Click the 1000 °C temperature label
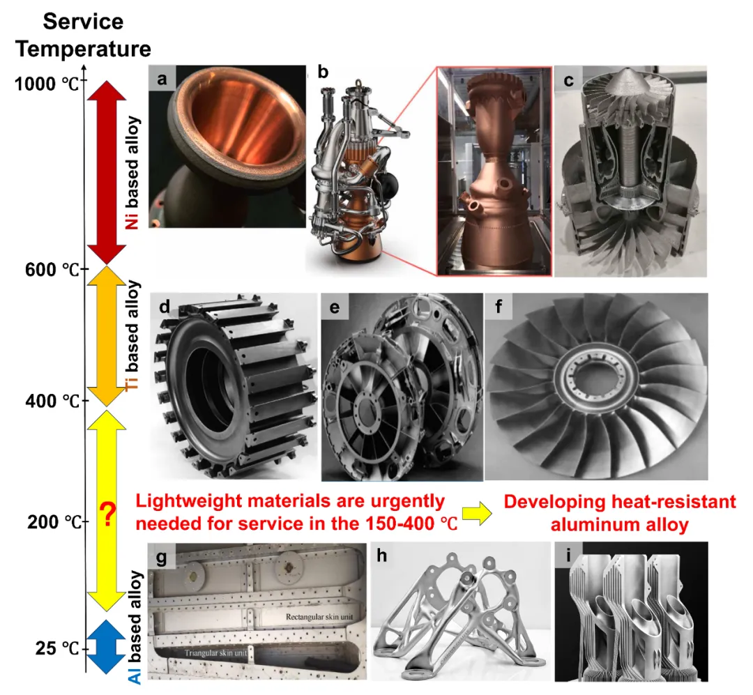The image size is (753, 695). click(x=47, y=84)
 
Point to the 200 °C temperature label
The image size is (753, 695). click(x=54, y=522)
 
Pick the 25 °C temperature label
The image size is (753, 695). click(x=56, y=648)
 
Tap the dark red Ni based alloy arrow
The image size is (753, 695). click(x=107, y=173)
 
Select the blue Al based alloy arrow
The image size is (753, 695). click(x=106, y=647)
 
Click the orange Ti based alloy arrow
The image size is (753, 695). click(x=107, y=336)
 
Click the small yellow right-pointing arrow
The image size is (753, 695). click(x=478, y=514)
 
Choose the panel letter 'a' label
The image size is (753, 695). click(x=162, y=78)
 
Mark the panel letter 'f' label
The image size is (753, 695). click(x=498, y=306)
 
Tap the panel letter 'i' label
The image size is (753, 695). click(x=569, y=555)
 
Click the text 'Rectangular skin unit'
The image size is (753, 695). click(x=319, y=617)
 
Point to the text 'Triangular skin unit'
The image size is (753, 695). click(x=215, y=653)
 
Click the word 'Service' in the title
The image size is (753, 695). click(x=83, y=22)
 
